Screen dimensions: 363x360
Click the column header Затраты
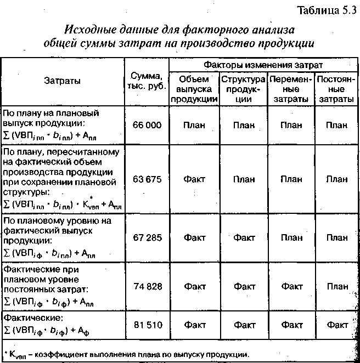[x=62, y=81]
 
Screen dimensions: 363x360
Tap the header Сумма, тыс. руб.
[x=147, y=81]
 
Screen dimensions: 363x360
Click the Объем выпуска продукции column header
[x=194, y=89]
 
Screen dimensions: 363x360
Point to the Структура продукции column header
[x=243, y=89]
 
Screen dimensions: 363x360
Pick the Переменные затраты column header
[x=291, y=89]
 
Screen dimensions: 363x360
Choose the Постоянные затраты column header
[x=336, y=89]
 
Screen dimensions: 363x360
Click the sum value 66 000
[x=147, y=125]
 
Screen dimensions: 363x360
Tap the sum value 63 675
[x=147, y=179]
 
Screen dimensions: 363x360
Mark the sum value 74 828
[x=147, y=286]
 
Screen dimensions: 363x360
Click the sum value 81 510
[x=147, y=325]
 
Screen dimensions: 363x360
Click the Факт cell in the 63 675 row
[x=194, y=179]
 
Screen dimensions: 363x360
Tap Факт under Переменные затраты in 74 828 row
[x=291, y=286]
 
